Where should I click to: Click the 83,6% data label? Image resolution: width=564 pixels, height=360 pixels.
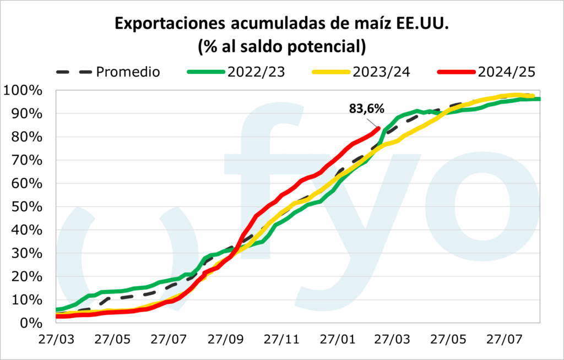pos(367,108)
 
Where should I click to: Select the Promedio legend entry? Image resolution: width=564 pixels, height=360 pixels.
pos(128,72)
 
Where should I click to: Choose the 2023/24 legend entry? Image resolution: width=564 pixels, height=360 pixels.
pos(379,72)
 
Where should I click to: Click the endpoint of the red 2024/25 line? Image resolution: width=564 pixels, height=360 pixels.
pos(378,128)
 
